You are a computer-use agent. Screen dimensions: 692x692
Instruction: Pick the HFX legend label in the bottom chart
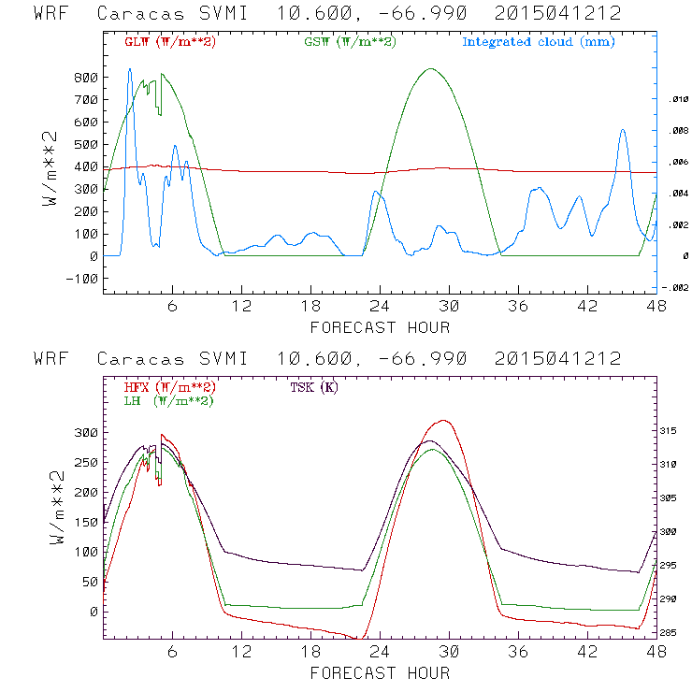click(169, 387)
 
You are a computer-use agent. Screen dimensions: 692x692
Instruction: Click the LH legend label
click(168, 400)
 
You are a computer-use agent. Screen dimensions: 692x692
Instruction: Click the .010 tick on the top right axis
click(676, 99)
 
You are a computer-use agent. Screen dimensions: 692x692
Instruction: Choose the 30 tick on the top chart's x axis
click(449, 307)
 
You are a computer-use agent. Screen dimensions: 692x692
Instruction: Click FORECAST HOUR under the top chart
click(380, 326)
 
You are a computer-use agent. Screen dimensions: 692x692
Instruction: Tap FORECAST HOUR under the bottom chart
click(380, 671)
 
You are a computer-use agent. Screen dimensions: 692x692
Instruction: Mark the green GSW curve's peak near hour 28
click(430, 69)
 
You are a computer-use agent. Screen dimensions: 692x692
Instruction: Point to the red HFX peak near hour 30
click(445, 421)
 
